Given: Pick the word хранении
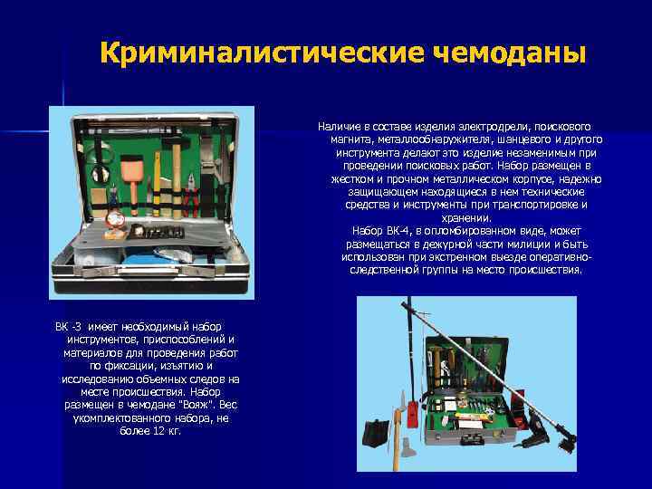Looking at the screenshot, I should [466, 217].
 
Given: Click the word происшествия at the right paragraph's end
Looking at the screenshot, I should [550, 269].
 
